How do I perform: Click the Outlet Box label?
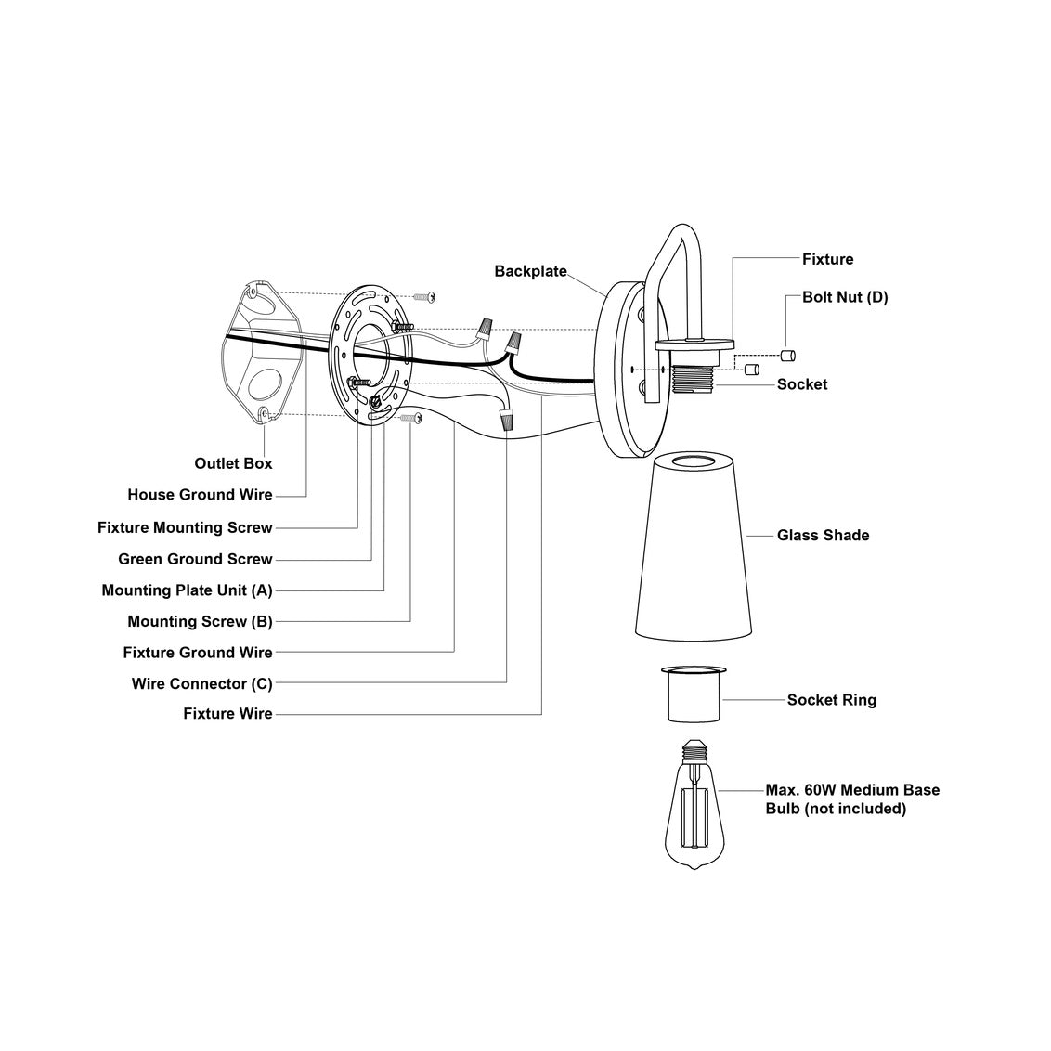pos(233,463)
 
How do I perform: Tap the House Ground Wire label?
pos(200,495)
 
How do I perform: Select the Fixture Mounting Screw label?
pos(185,527)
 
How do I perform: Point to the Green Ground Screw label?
pos(195,559)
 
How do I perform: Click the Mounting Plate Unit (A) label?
pos(187,590)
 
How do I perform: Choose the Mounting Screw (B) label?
pos(200,621)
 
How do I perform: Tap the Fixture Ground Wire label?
pos(198,653)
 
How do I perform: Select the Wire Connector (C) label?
pos(201,684)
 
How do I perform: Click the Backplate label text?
pos(530,271)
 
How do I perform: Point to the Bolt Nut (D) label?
pos(845,297)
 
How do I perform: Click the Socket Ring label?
pos(831,700)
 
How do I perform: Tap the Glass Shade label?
pos(823,535)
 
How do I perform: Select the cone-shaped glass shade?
pos(693,548)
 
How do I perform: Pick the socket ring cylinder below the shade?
pos(693,696)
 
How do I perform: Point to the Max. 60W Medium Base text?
pos(851,790)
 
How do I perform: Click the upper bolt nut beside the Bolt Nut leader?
pos(788,356)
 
